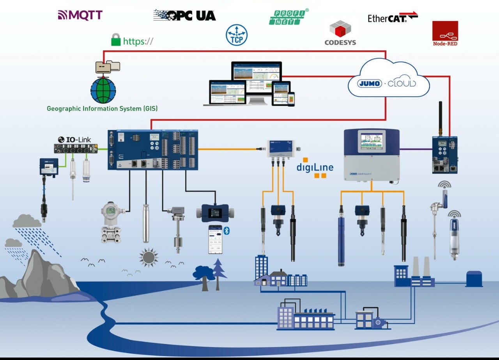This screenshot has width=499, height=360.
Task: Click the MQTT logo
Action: (x=80, y=15)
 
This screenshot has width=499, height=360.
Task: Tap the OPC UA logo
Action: (x=184, y=15)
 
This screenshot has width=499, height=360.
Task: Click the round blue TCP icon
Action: (x=237, y=35)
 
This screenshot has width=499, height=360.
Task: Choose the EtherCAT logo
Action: (x=392, y=18)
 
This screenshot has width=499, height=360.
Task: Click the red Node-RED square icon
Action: (x=445, y=31)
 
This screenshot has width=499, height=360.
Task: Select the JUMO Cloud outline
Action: (x=388, y=80)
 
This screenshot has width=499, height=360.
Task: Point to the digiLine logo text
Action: (x=315, y=168)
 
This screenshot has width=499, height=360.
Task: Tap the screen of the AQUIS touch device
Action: (x=371, y=141)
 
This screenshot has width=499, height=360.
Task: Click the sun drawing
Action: (x=149, y=257)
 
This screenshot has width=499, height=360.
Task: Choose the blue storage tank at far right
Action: (x=474, y=279)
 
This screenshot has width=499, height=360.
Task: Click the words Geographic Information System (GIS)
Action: (x=102, y=109)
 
